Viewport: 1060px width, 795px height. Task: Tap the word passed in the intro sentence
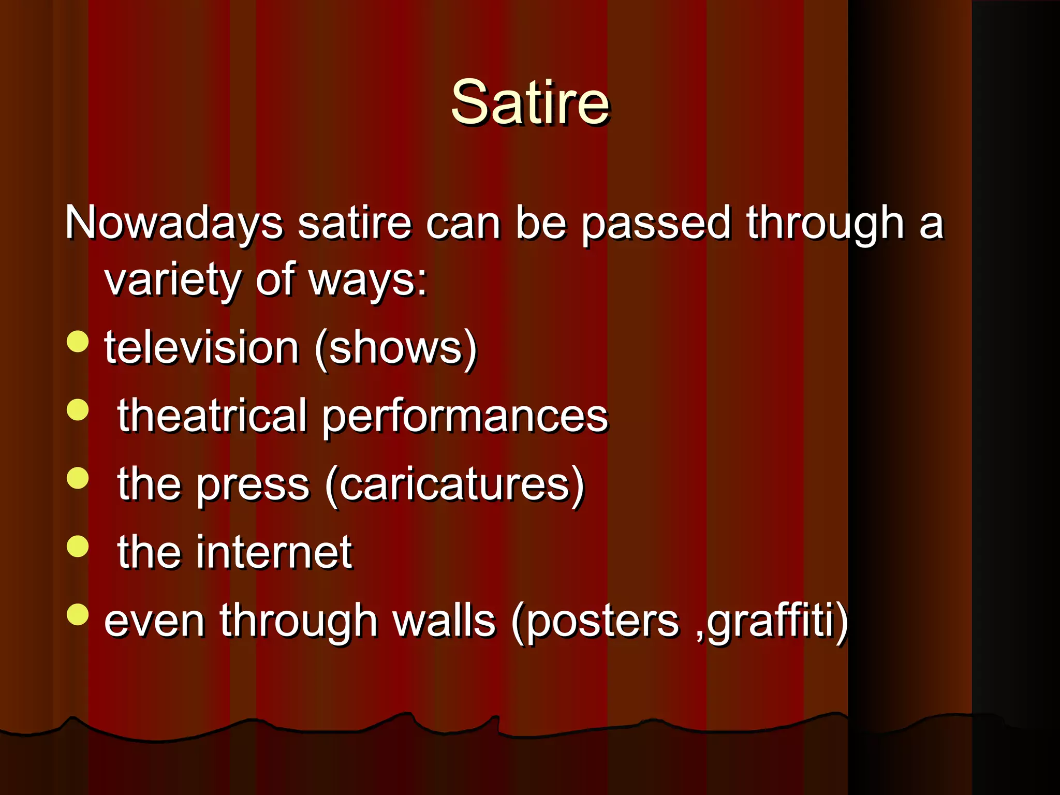point(655,224)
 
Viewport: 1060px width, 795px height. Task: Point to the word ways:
point(368,281)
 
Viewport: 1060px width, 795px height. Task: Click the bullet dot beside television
point(78,342)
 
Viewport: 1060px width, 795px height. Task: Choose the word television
point(202,348)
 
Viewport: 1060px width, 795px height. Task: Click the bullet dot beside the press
point(78,478)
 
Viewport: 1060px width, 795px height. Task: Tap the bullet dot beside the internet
point(78,546)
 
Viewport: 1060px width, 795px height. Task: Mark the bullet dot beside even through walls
point(78,614)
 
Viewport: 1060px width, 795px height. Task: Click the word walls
point(445,621)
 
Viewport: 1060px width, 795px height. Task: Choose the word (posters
point(595,622)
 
